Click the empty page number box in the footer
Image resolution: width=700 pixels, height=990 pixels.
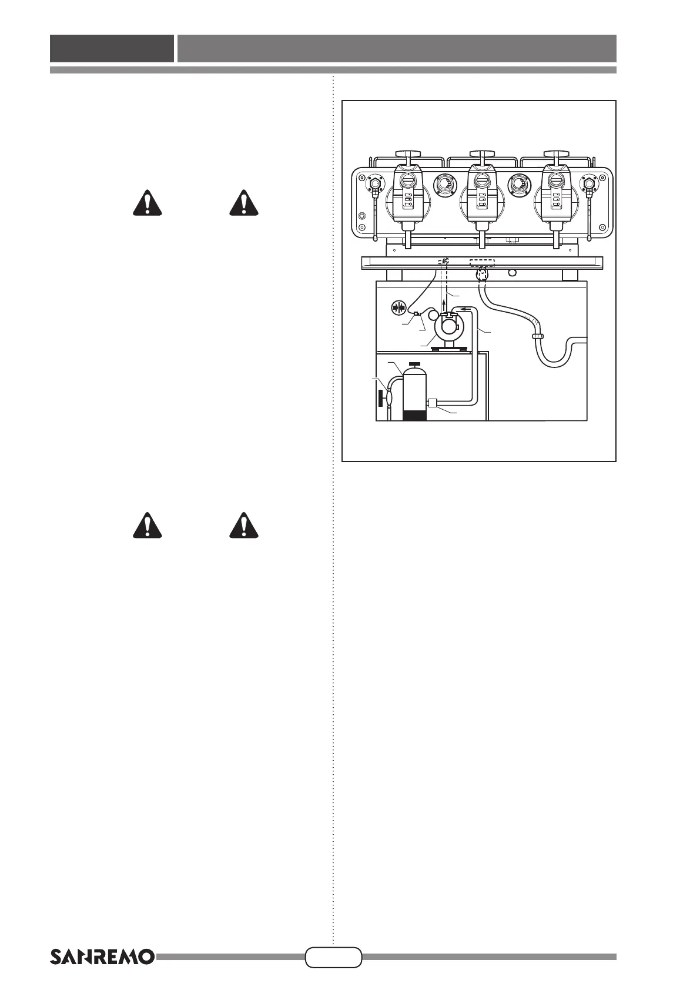pyautogui.click(x=333, y=956)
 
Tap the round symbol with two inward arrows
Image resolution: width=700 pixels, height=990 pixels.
pyautogui.click(x=399, y=306)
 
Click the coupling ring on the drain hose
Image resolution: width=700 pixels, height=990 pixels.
pyautogui.click(x=537, y=336)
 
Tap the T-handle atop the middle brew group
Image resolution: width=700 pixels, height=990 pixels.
pyautogui.click(x=481, y=154)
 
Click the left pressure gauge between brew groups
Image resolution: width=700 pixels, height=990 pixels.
pyautogui.click(x=444, y=185)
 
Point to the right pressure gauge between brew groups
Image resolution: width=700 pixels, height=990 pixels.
pyautogui.click(x=519, y=185)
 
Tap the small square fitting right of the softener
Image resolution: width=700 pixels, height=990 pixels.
pyautogui.click(x=433, y=403)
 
